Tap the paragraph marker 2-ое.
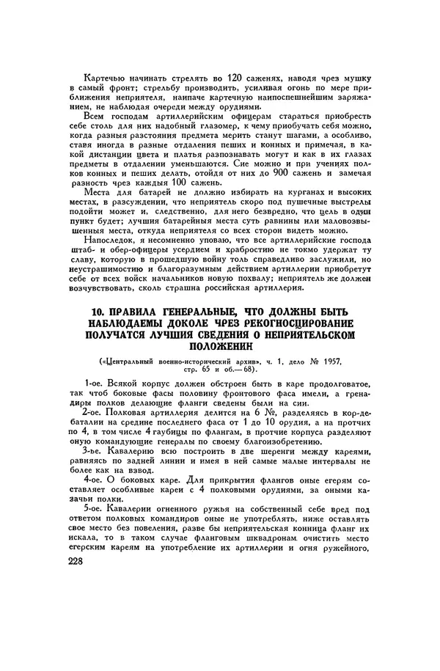click(96, 414)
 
